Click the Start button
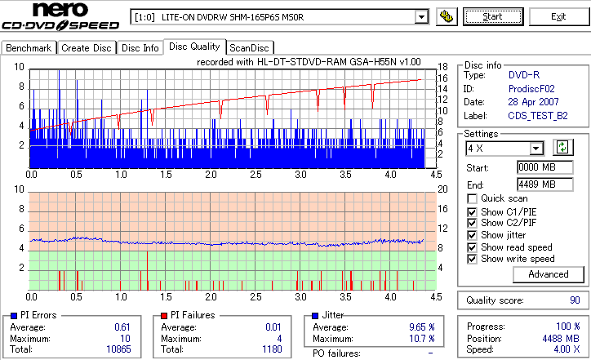(493, 16)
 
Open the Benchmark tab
(29, 48)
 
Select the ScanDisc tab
(250, 48)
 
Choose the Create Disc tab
(87, 48)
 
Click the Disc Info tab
(140, 48)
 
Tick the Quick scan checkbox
(473, 199)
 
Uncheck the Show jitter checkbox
(473, 235)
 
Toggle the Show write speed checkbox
(473, 259)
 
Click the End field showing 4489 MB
(536, 184)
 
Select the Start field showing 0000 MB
(536, 167)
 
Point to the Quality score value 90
(574, 300)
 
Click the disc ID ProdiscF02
(532, 88)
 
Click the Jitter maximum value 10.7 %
(420, 338)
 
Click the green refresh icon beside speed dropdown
(562, 148)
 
